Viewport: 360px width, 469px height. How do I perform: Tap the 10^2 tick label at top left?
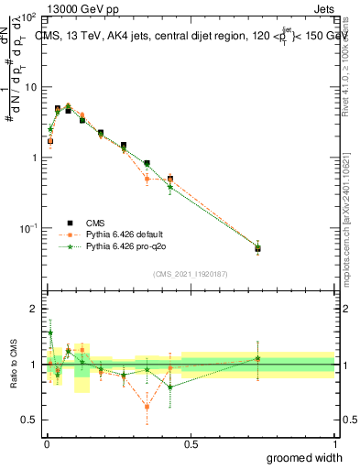coord(28,18)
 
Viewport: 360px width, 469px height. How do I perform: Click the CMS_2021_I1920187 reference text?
coord(190,274)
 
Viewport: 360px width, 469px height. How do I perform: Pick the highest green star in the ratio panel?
coord(50,333)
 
